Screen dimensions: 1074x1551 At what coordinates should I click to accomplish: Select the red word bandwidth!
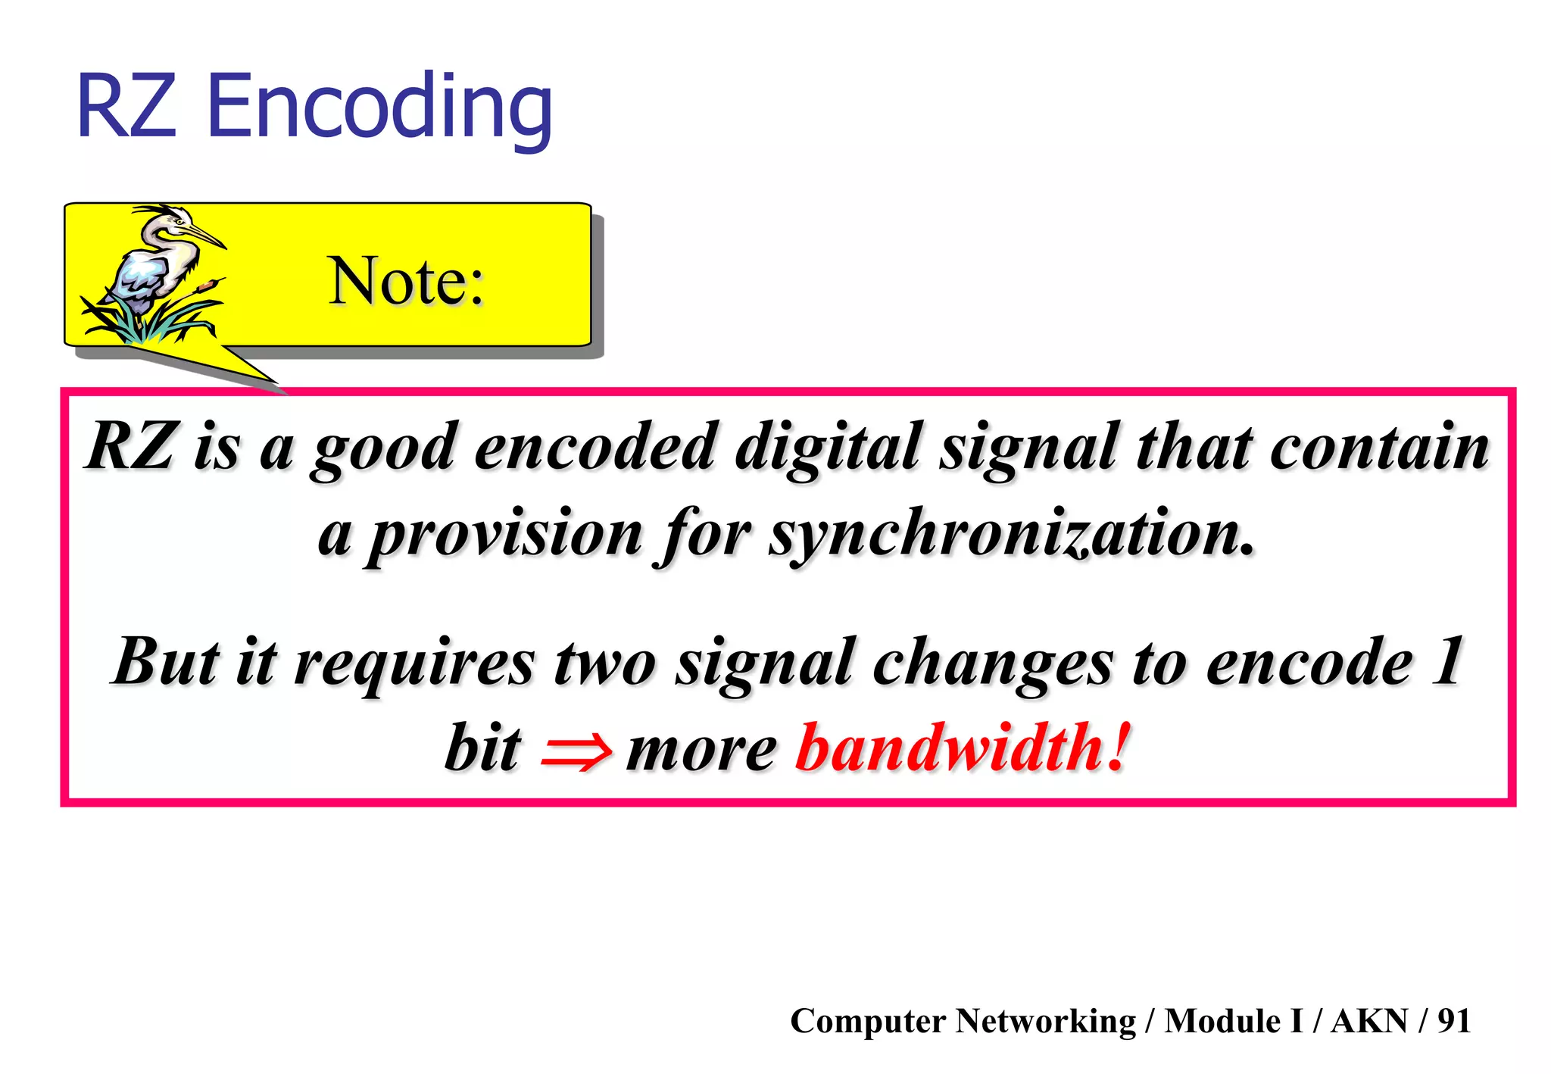tap(963, 748)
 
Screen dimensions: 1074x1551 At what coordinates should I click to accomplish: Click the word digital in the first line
tap(829, 447)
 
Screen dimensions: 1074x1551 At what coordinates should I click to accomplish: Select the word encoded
tap(595, 447)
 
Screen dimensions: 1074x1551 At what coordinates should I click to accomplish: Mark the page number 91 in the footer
tap(1454, 1021)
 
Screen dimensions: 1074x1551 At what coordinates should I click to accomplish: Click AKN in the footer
tap(1369, 1021)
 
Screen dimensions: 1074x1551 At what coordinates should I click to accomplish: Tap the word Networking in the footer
tap(1046, 1021)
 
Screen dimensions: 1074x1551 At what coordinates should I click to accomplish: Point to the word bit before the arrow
tap(482, 748)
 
